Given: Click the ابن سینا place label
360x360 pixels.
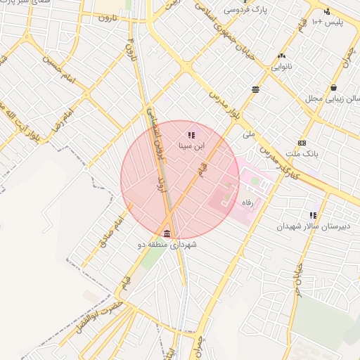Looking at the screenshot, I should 191,147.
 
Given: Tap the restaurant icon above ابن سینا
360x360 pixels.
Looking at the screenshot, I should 191,134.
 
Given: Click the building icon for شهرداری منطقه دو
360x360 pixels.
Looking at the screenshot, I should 167,233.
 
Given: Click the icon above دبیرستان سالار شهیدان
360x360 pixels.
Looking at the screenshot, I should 313,214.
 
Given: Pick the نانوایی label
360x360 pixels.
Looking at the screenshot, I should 281,67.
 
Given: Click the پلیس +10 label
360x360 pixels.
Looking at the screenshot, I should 326,22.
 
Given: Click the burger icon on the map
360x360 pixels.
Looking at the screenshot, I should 255,89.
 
